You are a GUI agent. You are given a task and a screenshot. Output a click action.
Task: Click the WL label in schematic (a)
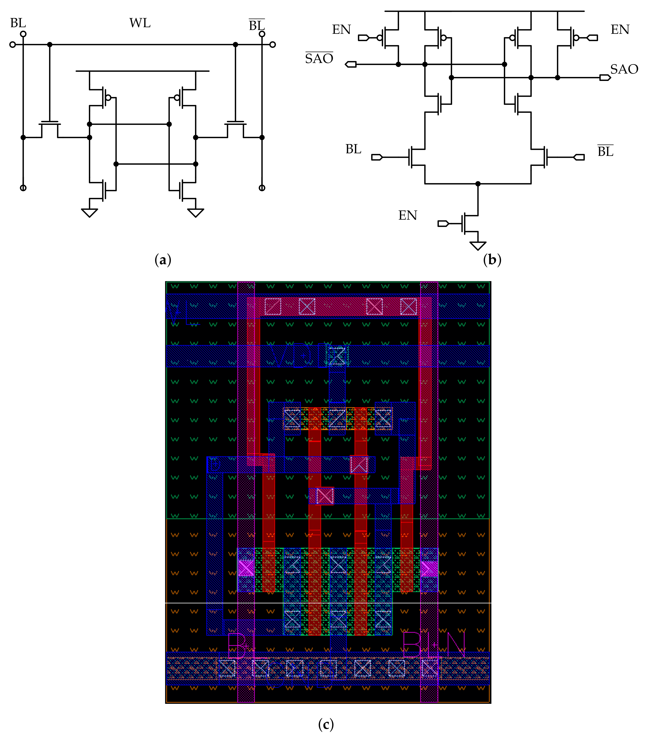(140, 23)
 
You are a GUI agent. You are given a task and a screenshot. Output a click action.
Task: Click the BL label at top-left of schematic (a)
(18, 23)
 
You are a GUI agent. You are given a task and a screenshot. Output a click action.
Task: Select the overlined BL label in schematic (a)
(257, 25)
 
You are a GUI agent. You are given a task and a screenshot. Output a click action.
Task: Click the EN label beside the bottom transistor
(408, 215)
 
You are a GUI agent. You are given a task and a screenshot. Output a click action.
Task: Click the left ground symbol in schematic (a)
(89, 213)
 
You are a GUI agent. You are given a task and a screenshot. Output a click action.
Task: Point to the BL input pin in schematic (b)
(377, 157)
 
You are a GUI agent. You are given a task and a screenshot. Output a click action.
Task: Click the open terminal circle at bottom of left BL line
(23, 188)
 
